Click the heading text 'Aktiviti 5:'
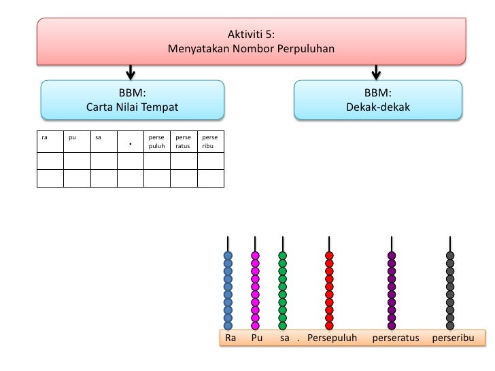click(251, 34)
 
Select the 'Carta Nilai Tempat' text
click(133, 107)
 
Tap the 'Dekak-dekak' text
click(378, 107)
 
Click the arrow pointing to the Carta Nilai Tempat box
click(131, 73)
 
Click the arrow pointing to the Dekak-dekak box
click(376, 73)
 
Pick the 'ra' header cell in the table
click(50, 141)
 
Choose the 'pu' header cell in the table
click(77, 141)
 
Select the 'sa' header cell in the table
click(104, 141)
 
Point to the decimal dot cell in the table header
click(131, 141)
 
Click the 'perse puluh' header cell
click(157, 141)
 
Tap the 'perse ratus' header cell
click(184, 141)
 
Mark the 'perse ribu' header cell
click(211, 141)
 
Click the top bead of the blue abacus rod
click(228, 255)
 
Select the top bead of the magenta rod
click(255, 255)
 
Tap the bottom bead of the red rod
click(329, 325)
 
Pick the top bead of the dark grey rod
click(450, 255)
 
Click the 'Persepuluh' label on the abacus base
click(332, 338)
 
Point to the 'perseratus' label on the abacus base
click(396, 338)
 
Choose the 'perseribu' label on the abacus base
click(453, 338)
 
